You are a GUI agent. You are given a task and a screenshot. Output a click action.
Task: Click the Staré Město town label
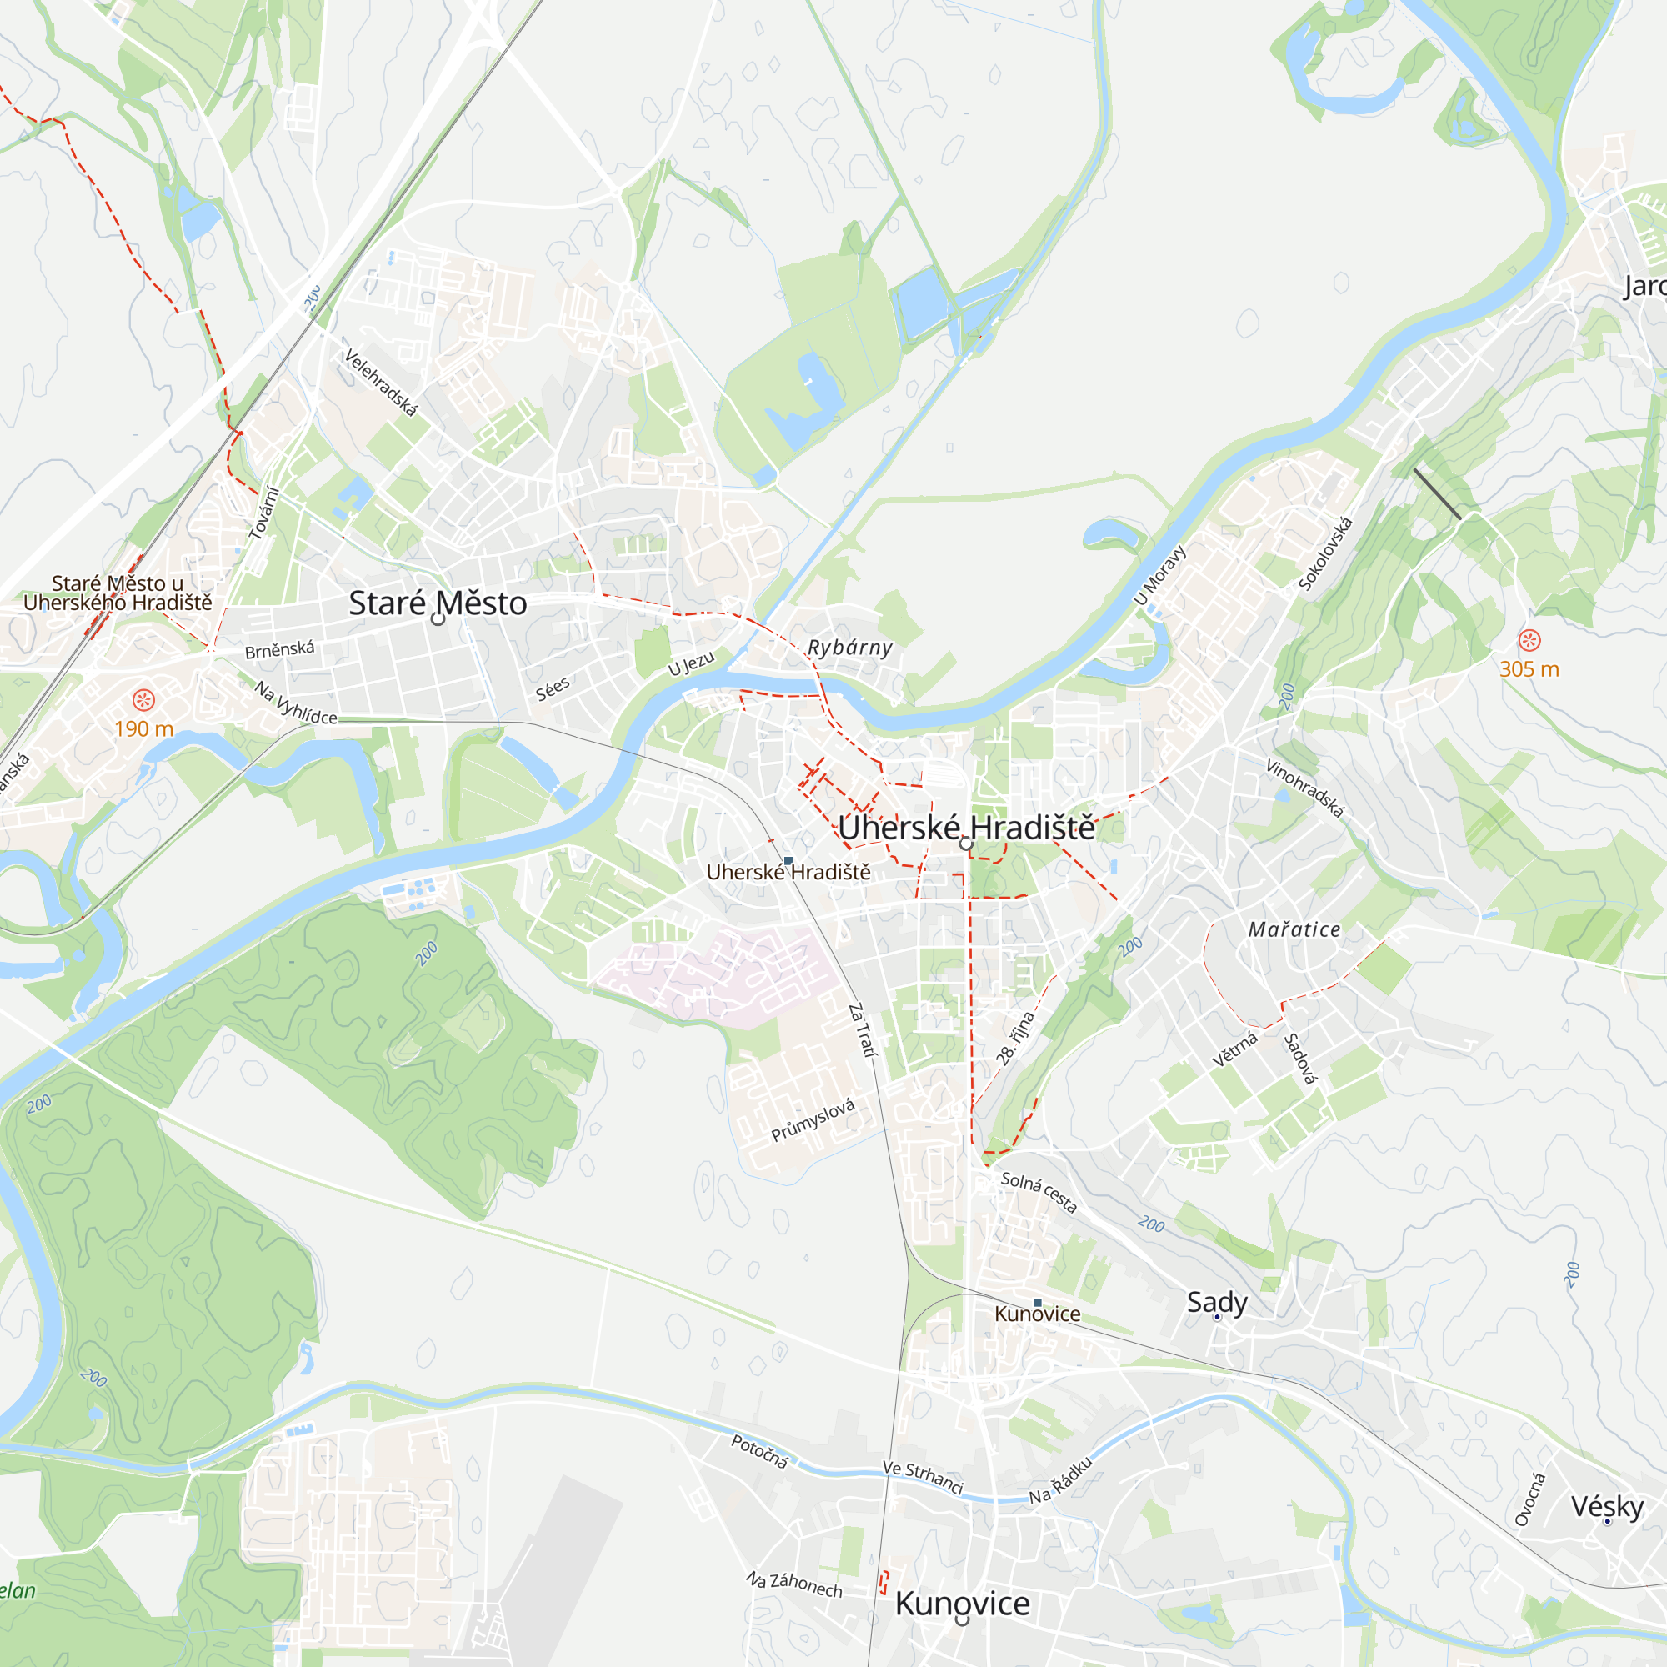[438, 603]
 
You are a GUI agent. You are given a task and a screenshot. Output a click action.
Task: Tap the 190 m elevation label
[143, 729]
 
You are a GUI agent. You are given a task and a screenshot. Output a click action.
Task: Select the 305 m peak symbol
[1529, 640]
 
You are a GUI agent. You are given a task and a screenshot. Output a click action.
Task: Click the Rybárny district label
[849, 647]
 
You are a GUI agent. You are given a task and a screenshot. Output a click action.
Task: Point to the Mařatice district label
[1294, 929]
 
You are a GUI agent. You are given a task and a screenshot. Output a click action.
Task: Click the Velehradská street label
[381, 383]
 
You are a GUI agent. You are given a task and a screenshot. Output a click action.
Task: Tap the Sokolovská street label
[1325, 553]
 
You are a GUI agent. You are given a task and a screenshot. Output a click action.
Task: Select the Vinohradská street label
[1304, 787]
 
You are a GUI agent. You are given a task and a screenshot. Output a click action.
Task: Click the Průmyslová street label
[813, 1119]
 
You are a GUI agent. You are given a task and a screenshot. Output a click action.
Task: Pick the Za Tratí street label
[861, 1029]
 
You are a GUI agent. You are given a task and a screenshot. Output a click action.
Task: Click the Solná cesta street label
[1039, 1193]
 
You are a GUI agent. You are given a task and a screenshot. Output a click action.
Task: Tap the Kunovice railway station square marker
[1037, 1303]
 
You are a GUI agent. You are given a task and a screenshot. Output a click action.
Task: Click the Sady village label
[1217, 1301]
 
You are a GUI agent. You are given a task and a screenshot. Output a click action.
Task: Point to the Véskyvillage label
[1607, 1506]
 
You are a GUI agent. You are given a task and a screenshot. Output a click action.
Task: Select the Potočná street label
[759, 1451]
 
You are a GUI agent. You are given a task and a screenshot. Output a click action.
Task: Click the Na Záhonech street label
[793, 1584]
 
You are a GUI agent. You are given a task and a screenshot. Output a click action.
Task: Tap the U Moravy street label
[1159, 575]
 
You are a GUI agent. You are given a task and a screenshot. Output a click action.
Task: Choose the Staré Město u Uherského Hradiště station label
[118, 593]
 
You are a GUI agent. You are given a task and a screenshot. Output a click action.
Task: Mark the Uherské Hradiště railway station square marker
[788, 861]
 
